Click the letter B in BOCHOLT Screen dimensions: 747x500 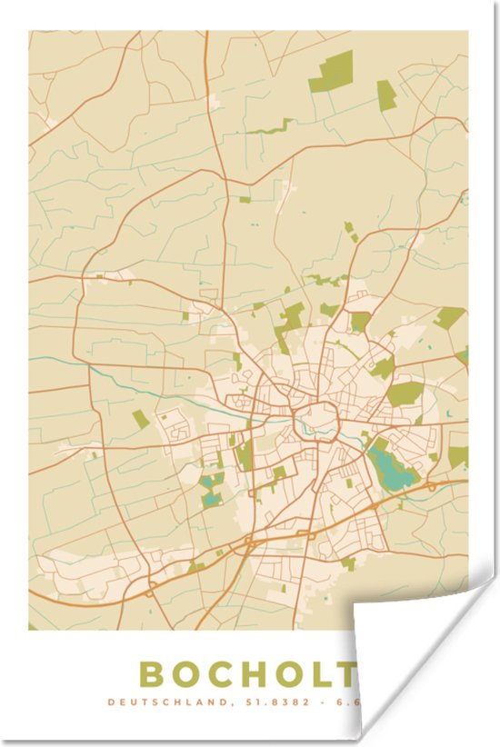pos(151,674)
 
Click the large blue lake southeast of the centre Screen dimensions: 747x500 pos(392,468)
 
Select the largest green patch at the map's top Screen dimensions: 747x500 pos(331,73)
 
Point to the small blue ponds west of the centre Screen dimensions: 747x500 pos(212,491)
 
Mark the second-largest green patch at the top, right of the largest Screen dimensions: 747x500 pos(386,95)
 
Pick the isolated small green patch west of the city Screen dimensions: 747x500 pos(139,418)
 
